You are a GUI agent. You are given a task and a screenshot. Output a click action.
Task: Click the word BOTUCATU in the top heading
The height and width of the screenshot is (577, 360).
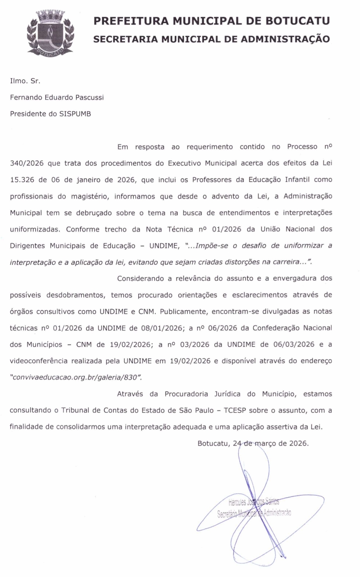pyautogui.click(x=297, y=21)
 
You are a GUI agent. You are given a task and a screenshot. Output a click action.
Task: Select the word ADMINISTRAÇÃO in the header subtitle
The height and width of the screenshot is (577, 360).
pyautogui.click(x=285, y=39)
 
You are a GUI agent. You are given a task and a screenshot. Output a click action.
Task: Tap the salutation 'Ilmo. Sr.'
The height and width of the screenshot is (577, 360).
pyautogui.click(x=25, y=81)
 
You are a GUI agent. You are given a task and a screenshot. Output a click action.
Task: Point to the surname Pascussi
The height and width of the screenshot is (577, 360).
pyautogui.click(x=90, y=97)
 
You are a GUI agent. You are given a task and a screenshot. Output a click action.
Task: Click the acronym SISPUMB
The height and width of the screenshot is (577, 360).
pyautogui.click(x=75, y=114)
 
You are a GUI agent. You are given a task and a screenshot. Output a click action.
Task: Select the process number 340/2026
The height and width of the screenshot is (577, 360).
pyautogui.click(x=27, y=163)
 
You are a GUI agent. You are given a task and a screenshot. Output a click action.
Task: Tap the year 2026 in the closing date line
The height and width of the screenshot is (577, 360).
pyautogui.click(x=298, y=443)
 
